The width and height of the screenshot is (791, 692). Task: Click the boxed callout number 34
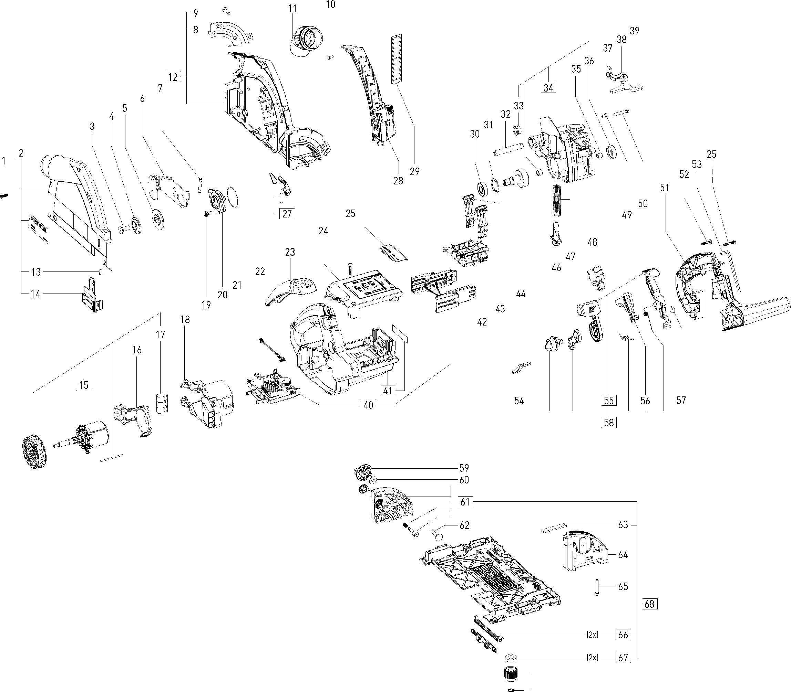pyautogui.click(x=548, y=88)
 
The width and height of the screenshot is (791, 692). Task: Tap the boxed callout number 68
pyautogui.click(x=649, y=604)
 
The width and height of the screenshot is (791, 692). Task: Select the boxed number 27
pyautogui.click(x=287, y=214)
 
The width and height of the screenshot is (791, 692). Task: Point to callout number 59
pyautogui.click(x=464, y=468)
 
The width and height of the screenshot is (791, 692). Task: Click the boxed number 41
pyautogui.click(x=387, y=391)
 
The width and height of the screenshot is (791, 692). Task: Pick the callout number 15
pyautogui.click(x=83, y=385)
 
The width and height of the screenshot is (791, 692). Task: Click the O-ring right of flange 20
pyautogui.click(x=232, y=196)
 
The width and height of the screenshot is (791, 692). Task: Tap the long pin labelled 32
pyautogui.click(x=507, y=148)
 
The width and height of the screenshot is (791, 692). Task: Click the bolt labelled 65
pyautogui.click(x=597, y=587)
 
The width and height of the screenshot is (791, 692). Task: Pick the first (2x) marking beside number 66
pyautogui.click(x=592, y=635)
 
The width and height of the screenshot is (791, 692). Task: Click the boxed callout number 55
pyautogui.click(x=608, y=401)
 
